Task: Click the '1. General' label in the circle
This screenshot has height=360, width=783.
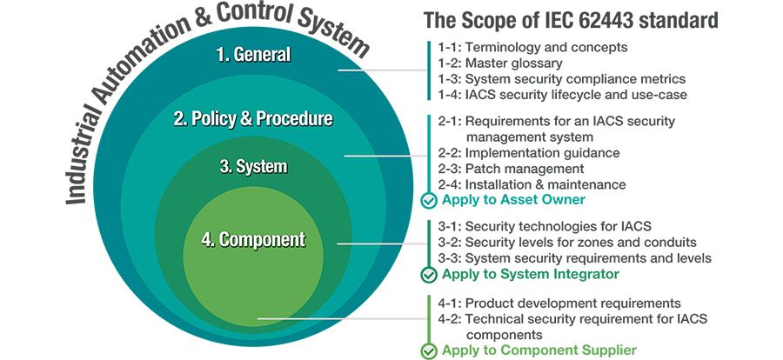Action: click(x=254, y=55)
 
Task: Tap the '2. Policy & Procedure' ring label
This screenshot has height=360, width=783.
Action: click(x=252, y=119)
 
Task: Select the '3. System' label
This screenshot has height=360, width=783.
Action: click(x=253, y=166)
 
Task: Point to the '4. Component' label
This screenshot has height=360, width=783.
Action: click(x=253, y=240)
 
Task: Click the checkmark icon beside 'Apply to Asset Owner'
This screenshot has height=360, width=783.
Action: click(x=429, y=201)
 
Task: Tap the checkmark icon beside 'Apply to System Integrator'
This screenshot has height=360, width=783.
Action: click(x=429, y=275)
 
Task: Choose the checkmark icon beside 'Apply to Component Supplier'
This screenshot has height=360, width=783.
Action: click(x=429, y=350)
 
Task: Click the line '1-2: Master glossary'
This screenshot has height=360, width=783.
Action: click(x=500, y=63)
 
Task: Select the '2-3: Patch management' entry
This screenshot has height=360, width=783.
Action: click(x=511, y=169)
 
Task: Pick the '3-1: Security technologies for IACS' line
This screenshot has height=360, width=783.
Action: click(x=545, y=226)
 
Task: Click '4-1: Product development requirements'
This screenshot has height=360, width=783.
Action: click(x=559, y=303)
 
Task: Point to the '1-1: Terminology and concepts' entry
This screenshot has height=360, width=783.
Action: click(x=532, y=48)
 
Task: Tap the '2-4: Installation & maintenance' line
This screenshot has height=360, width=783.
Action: click(x=532, y=184)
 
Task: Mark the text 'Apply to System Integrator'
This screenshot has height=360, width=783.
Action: click(x=531, y=274)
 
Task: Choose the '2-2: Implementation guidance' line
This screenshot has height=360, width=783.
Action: click(x=529, y=153)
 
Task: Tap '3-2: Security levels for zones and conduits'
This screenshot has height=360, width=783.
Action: click(x=567, y=242)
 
